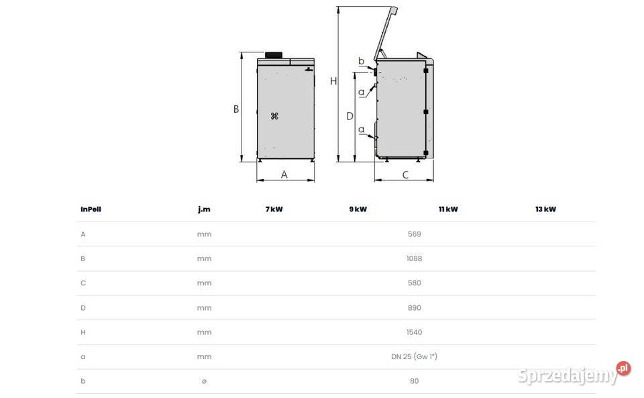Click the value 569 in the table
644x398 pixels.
[414, 234]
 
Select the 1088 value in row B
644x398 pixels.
[414, 258]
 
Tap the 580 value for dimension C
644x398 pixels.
[414, 283]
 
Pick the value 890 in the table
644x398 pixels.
[414, 308]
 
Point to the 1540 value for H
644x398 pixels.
[414, 332]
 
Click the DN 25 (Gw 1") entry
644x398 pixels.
[414, 357]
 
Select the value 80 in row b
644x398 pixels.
[414, 381]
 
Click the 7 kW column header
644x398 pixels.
[274, 209]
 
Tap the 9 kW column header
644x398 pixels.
[358, 209]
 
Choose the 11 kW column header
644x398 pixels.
[448, 209]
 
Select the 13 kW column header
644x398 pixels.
[545, 209]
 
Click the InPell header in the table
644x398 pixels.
[91, 209]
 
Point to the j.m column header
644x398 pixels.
[204, 209]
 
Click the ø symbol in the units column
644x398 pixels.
[204, 381]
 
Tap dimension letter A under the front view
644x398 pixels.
[284, 175]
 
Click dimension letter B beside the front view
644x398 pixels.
[236, 109]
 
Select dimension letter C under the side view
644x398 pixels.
[405, 175]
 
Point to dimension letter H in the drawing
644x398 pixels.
[333, 81]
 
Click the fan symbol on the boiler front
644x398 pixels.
[274, 116]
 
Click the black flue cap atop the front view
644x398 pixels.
[274, 54]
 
